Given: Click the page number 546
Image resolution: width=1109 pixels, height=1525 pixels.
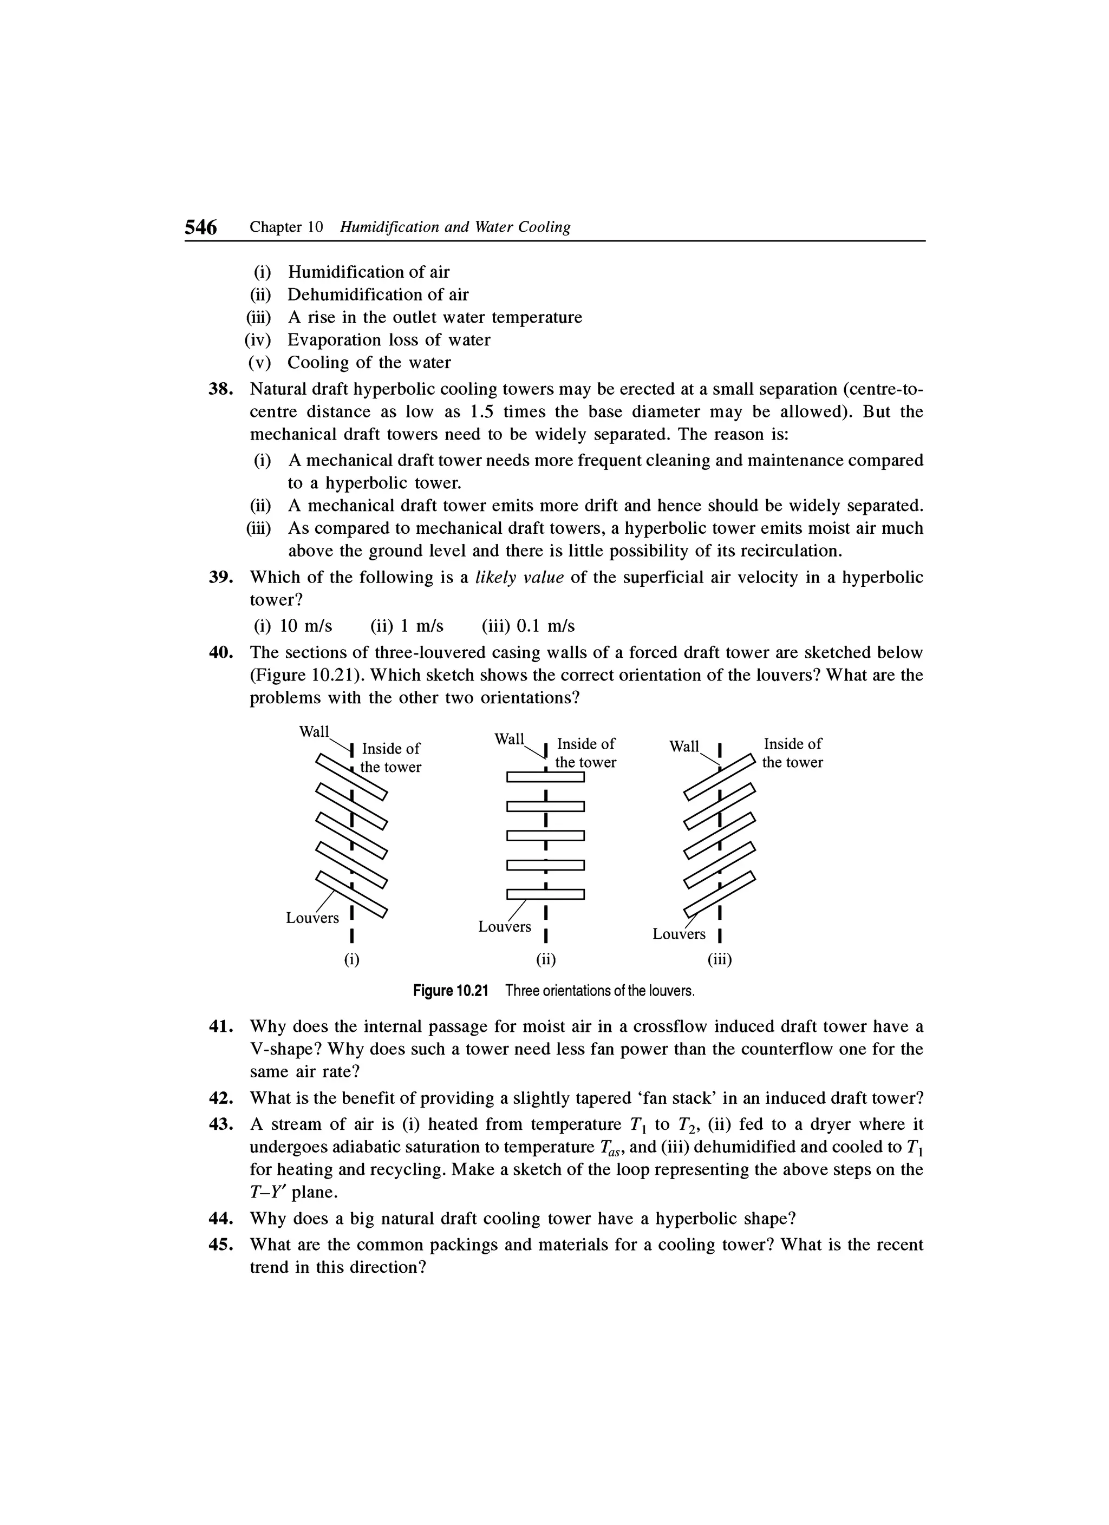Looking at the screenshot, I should [x=201, y=228].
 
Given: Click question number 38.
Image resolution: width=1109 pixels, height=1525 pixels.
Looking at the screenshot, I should [x=220, y=389].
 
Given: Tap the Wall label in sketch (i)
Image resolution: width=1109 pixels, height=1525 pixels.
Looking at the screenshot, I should [x=314, y=731].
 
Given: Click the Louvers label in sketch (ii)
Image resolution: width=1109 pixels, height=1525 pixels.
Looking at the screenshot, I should [x=504, y=927].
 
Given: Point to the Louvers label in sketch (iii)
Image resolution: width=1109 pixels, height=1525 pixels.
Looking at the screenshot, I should [x=679, y=934].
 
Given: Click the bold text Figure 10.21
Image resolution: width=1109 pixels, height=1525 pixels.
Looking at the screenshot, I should [x=449, y=991].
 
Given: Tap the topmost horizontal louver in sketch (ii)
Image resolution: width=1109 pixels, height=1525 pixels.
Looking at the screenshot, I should [x=545, y=777].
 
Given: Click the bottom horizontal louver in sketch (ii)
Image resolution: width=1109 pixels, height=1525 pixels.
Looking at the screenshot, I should [x=545, y=894].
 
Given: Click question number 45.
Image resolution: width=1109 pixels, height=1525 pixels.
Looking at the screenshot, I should [x=220, y=1245].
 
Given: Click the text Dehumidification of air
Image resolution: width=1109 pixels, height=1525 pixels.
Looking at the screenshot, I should [x=378, y=294].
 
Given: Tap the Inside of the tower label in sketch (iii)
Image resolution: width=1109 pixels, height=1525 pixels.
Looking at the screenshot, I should [x=792, y=753].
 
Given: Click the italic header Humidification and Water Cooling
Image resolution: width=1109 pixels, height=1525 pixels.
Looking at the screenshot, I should [x=455, y=227].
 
